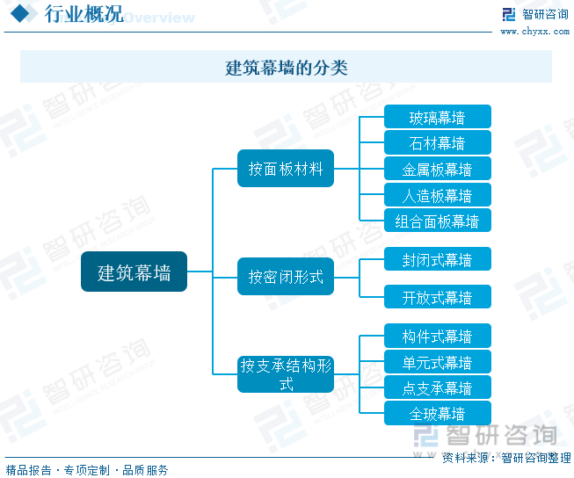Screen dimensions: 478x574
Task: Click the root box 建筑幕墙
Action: pyautogui.click(x=134, y=272)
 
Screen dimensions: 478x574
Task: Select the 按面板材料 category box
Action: pyautogui.click(x=286, y=169)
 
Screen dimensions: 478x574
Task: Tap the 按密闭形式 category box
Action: pyautogui.click(x=286, y=277)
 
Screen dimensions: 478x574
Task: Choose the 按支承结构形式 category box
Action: pyautogui.click(x=286, y=374)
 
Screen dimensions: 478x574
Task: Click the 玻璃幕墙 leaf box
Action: pyautogui.click(x=437, y=117)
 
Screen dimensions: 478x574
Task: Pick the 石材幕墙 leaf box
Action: pyautogui.click(x=437, y=142)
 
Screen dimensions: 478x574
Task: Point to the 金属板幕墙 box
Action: pyautogui.click(x=437, y=169)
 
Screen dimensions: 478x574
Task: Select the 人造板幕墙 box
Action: pyautogui.click(x=437, y=195)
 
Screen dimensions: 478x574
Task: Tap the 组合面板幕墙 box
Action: pyautogui.click(x=437, y=221)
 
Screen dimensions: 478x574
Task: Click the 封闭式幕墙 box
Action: pyautogui.click(x=437, y=259)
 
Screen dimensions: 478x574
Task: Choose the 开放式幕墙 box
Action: pyautogui.click(x=437, y=297)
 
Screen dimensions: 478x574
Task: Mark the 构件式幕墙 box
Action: pyautogui.click(x=437, y=336)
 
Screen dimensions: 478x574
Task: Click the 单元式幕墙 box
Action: pyautogui.click(x=437, y=362)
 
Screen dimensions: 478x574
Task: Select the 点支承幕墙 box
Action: pyautogui.click(x=437, y=387)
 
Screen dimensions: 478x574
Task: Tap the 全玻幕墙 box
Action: pyautogui.click(x=437, y=413)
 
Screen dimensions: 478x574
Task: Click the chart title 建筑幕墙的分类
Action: pyautogui.click(x=287, y=67)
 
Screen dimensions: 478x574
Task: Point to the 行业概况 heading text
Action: pyautogui.click(x=84, y=15)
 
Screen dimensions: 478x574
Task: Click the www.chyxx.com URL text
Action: pyautogui.click(x=535, y=32)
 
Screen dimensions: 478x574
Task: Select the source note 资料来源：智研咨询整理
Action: pyautogui.click(x=505, y=458)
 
